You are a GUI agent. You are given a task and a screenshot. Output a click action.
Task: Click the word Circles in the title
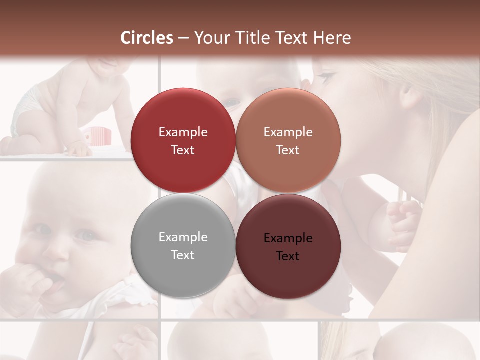[147, 38]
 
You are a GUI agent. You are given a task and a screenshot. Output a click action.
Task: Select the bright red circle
[183, 140]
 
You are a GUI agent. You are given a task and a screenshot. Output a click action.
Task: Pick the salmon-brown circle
[288, 140]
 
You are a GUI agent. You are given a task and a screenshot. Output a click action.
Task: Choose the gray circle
[183, 245]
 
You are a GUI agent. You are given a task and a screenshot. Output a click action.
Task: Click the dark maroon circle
[288, 246]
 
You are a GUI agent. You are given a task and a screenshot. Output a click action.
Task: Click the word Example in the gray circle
[183, 237]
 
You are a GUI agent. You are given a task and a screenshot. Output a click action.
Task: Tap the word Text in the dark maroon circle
[288, 256]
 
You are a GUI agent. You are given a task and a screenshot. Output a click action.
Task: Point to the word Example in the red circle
[183, 132]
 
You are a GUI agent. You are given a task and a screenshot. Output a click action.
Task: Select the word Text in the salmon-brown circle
[288, 150]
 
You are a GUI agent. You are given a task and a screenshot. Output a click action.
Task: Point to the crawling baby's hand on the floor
[80, 149]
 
